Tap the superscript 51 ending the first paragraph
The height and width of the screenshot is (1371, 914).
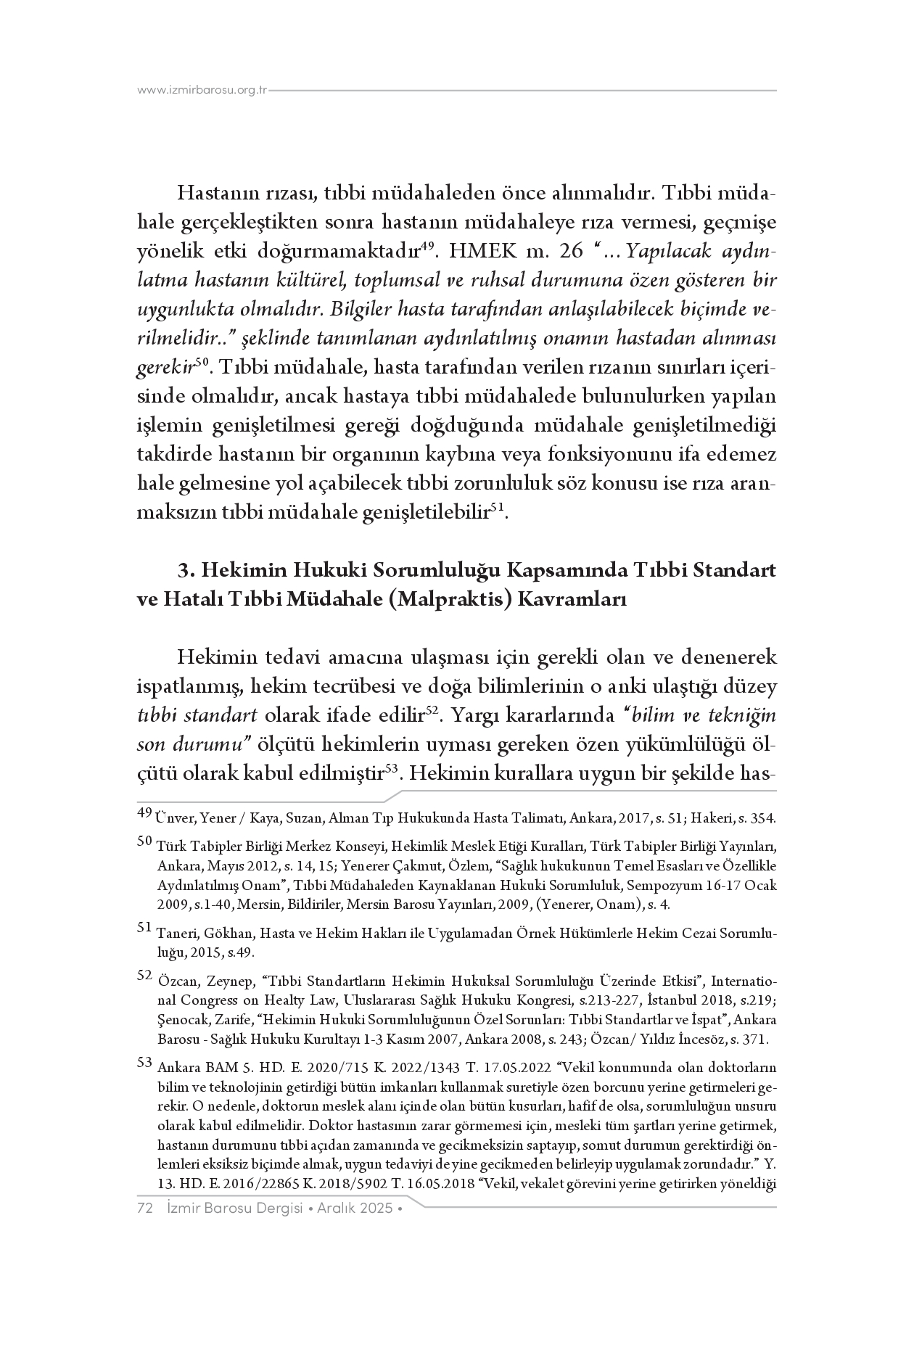(497, 507)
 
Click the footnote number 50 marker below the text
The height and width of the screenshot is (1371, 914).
(144, 841)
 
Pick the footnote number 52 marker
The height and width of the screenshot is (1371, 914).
(144, 976)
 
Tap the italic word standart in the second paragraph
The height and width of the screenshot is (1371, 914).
(226, 715)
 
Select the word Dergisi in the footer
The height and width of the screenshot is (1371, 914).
(271, 1208)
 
